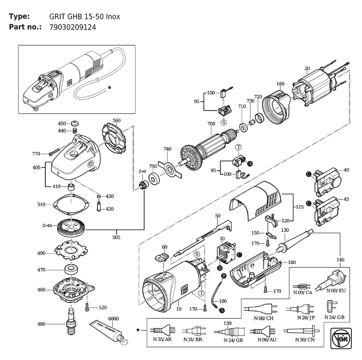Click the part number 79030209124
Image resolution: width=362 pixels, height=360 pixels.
click(x=72, y=27)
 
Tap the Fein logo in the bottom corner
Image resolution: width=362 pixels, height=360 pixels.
click(x=341, y=338)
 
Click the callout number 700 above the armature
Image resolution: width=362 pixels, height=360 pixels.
click(x=211, y=124)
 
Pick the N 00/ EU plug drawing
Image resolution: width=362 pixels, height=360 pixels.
click(x=331, y=280)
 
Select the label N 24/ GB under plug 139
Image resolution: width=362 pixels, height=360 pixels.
click(x=233, y=340)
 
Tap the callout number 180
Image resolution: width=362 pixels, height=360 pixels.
click(x=280, y=84)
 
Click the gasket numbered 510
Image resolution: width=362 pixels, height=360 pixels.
click(x=71, y=204)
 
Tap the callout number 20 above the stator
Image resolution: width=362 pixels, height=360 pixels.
click(x=307, y=68)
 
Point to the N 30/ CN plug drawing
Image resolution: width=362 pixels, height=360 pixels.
click(x=302, y=330)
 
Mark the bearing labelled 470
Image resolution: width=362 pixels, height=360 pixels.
click(x=71, y=269)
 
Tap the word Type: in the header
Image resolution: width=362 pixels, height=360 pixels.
click(x=19, y=16)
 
